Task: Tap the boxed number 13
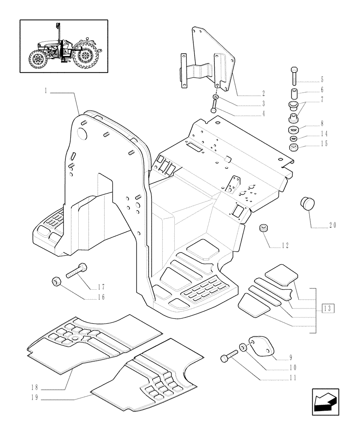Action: [x=328, y=308]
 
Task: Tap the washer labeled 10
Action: [x=242, y=348]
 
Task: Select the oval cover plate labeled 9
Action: [x=260, y=347]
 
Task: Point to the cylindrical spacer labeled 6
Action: [x=294, y=94]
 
